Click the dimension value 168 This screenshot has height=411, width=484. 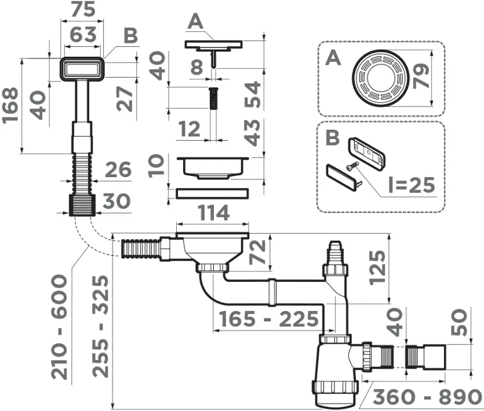tap(10, 105)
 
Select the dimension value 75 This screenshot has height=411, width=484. tap(83, 9)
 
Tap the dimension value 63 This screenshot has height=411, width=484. tap(83, 34)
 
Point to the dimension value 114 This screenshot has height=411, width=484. tap(213, 212)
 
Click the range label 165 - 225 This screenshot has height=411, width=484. tap(268, 319)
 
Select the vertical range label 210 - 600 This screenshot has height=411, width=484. tap(59, 328)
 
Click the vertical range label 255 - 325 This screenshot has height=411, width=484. tap(101, 326)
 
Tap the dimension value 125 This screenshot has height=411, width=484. tap(377, 267)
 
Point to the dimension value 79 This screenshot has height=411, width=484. tap(421, 76)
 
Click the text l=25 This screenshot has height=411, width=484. tap(412, 185)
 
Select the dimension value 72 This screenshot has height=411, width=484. tap(257, 252)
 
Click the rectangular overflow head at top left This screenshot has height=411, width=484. tap(82, 69)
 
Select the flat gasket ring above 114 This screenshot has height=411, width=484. tap(212, 193)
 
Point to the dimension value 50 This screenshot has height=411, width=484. tap(459, 322)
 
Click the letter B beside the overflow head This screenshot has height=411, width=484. tap(130, 36)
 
